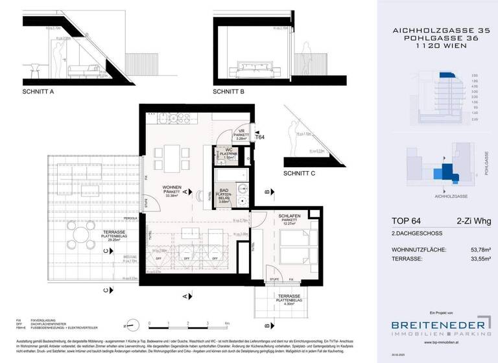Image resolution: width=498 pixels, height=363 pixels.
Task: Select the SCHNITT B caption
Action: (x=228, y=91)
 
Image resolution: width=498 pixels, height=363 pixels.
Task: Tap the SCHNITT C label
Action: (x=299, y=174)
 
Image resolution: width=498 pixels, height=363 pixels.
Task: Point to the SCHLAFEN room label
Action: (x=290, y=217)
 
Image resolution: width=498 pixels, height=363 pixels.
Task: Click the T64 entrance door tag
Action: (x=260, y=137)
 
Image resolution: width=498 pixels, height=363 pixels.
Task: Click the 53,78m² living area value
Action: (x=477, y=249)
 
